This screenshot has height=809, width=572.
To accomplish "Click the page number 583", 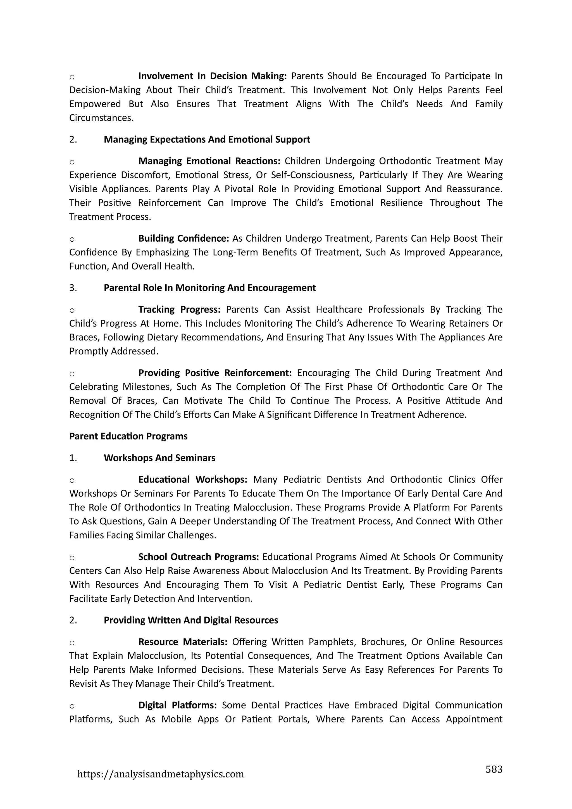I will [x=494, y=769].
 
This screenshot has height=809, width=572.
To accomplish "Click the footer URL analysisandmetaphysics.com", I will [x=160, y=774].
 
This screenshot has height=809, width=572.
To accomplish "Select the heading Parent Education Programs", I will [x=128, y=436].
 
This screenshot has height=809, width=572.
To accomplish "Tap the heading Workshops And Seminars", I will [x=159, y=458].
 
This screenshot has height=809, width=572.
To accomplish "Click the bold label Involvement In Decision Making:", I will [x=212, y=76].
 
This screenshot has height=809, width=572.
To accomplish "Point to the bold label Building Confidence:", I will [x=183, y=239].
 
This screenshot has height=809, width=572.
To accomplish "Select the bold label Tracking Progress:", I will [x=179, y=309].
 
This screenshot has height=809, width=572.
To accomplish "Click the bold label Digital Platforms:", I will [x=177, y=705].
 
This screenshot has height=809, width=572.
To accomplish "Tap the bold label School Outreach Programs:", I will [x=198, y=557].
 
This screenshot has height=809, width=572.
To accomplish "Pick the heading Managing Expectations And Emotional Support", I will [x=207, y=139].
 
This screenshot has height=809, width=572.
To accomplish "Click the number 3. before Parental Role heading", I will [x=73, y=288].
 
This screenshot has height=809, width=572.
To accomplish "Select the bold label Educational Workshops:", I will [x=193, y=480].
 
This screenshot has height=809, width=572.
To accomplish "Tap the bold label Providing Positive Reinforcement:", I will [x=215, y=373].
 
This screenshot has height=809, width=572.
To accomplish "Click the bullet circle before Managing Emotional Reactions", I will [x=72, y=162].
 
